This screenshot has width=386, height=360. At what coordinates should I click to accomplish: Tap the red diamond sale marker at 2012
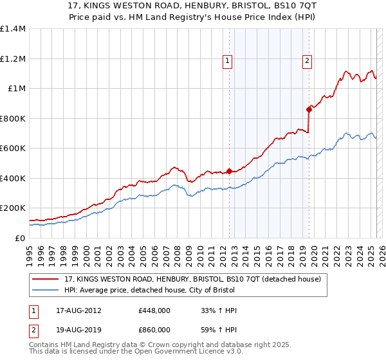[229, 172]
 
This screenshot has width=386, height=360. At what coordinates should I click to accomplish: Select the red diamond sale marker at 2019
[309, 109]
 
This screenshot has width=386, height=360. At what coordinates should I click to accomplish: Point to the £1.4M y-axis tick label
[13, 29]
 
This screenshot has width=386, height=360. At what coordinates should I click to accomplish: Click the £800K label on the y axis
[12, 118]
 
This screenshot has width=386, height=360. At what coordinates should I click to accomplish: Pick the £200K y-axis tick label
[12, 208]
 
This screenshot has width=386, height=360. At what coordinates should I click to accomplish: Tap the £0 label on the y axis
[20, 238]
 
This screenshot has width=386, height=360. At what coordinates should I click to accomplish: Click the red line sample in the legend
[45, 279]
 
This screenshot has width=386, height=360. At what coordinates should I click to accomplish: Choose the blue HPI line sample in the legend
[45, 290]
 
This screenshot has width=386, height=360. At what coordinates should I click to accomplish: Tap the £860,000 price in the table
[154, 329]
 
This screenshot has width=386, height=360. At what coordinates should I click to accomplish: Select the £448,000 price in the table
[154, 310]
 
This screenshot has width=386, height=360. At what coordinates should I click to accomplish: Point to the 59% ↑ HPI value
[219, 329]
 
